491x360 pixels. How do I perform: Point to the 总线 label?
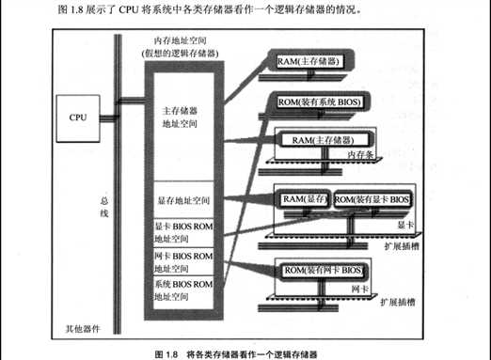point(104,213)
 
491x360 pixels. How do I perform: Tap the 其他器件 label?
point(84,328)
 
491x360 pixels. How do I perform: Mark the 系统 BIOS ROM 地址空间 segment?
point(182,290)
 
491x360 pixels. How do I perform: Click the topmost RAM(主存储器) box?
point(308,62)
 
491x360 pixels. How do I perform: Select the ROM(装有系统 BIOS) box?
point(321,101)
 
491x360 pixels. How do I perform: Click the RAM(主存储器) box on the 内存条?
point(319,140)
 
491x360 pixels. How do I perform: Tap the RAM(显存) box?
point(304,199)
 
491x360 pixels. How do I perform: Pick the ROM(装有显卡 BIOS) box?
point(373,199)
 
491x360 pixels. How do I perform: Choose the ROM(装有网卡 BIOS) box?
point(324,271)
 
